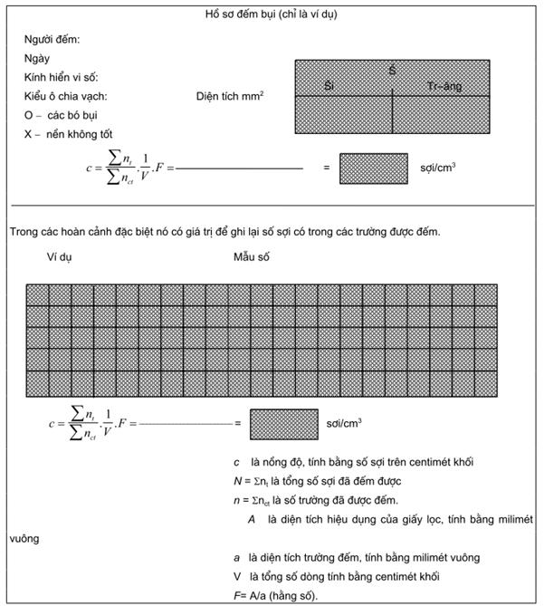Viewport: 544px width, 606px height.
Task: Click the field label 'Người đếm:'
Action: (52, 40)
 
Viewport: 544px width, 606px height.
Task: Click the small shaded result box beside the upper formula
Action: (374, 168)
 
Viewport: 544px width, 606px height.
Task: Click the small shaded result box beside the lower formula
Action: (281, 424)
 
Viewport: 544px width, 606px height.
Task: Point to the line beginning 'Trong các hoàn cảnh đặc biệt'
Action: (225, 232)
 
